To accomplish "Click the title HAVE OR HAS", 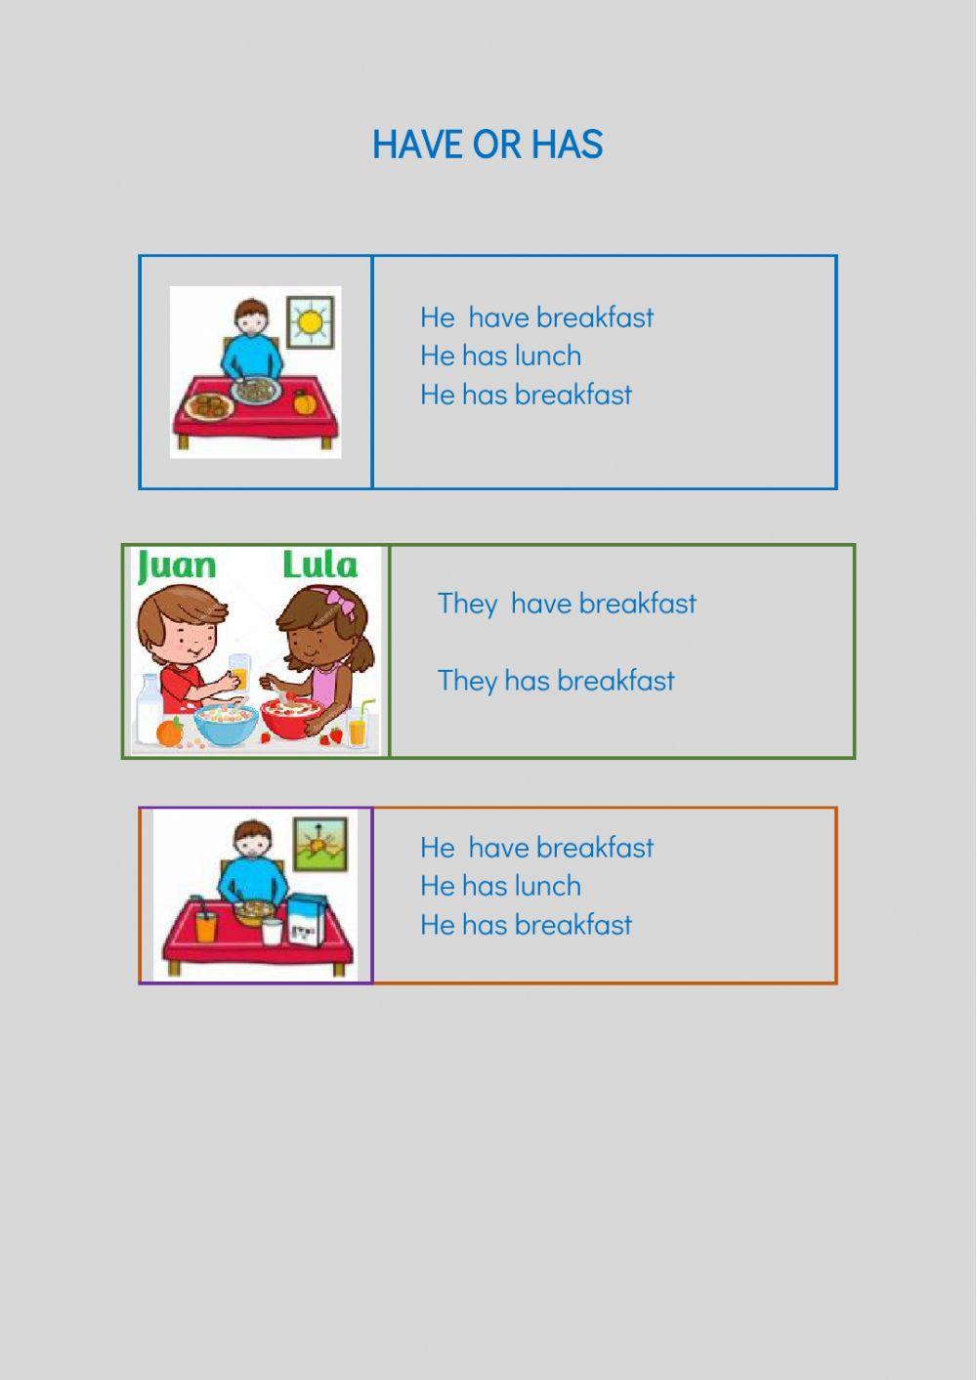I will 488,145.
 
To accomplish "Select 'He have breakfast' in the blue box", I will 536,317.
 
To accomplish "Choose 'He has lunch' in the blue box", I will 500,355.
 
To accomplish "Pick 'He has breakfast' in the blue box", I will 526,395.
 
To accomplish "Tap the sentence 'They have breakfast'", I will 567,604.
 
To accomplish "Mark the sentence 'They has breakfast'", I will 555,681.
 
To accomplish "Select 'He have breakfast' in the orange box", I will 536,848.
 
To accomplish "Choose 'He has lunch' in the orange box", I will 500,886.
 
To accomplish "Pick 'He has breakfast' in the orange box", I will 526,925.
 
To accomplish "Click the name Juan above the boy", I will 177,566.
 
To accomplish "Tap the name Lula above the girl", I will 319,565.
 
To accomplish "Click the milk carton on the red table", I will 306,921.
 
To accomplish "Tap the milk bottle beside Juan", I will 149,711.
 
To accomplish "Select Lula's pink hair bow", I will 339,599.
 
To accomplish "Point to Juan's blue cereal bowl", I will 226,724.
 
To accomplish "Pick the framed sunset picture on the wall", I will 320,842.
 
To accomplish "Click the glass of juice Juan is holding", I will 239,674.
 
